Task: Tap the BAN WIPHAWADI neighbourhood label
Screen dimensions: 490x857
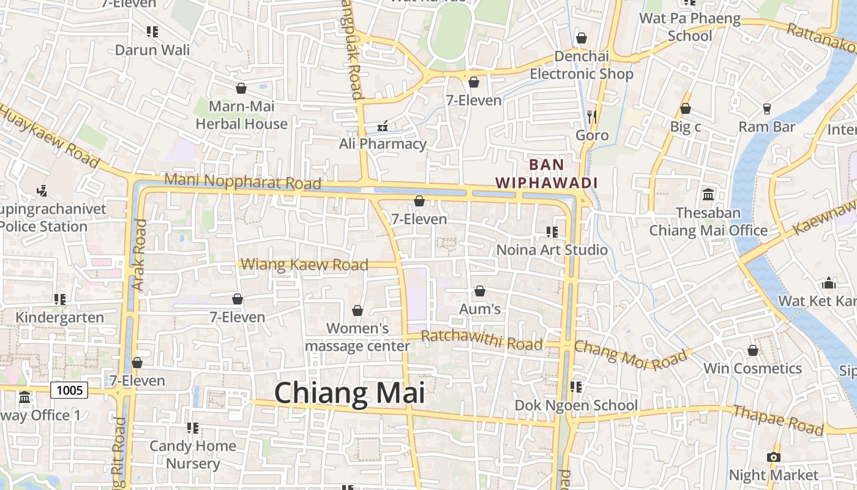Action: coord(546,173)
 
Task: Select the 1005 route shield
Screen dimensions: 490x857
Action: coord(69,390)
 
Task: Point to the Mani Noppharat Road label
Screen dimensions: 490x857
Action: coord(243,181)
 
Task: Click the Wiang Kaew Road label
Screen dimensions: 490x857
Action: coord(304,265)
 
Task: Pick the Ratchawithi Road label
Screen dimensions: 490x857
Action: coord(482,340)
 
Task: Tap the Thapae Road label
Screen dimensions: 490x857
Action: coord(778,420)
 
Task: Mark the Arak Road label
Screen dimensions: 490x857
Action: coord(138,255)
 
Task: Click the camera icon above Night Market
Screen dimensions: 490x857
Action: coord(774,457)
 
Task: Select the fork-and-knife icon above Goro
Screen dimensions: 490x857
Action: coord(591,116)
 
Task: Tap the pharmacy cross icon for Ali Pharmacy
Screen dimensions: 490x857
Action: coord(383,127)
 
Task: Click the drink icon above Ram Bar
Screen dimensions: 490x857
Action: coord(766,109)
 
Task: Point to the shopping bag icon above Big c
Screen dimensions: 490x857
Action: coord(686,109)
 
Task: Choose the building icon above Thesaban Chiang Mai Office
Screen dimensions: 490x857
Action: coord(708,195)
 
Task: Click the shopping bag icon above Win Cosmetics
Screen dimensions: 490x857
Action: coord(752,350)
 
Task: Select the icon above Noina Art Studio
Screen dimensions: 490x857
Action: coord(552,232)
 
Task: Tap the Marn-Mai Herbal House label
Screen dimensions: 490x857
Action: coord(241,115)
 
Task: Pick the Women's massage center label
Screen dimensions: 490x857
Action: coord(357,337)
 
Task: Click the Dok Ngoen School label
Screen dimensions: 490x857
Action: coord(576,405)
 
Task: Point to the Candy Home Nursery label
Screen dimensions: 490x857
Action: coord(193,454)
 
